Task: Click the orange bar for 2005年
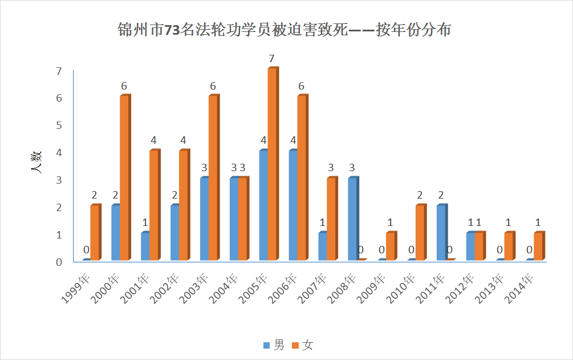(272, 164)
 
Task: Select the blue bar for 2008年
(352, 219)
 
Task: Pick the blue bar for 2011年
(441, 233)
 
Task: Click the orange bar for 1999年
(95, 233)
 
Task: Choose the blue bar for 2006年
(293, 205)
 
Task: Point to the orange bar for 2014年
(538, 246)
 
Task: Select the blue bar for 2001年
(145, 246)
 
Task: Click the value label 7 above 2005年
(272, 59)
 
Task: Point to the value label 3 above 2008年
(352, 168)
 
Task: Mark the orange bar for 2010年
(420, 233)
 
